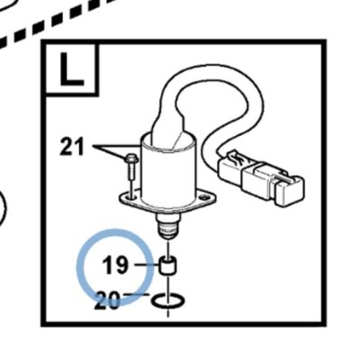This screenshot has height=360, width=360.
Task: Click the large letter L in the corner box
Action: click(71, 69)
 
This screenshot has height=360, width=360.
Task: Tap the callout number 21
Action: click(72, 147)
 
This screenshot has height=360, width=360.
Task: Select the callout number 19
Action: click(115, 265)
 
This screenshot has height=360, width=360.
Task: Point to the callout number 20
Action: click(107, 301)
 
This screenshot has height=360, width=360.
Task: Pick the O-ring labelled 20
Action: click(168, 301)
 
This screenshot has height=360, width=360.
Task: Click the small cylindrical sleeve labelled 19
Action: click(168, 265)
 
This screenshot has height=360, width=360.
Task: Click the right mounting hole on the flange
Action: click(205, 198)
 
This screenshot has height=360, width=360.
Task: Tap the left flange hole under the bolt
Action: click(130, 197)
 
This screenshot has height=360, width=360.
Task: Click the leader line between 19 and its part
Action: click(147, 265)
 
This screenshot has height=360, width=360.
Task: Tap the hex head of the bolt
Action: click(131, 158)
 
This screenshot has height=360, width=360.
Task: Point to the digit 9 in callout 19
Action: click(121, 265)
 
